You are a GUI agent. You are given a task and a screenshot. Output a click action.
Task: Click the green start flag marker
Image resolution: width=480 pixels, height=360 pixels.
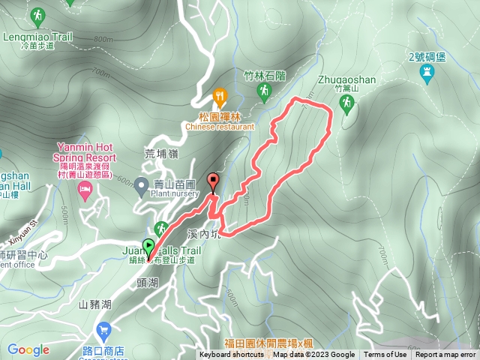point(148,245)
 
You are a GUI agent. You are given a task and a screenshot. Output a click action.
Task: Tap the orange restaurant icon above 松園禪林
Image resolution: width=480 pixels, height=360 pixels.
point(220,96)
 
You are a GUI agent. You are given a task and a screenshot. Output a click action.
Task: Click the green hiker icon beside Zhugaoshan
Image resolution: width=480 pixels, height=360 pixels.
point(346,106)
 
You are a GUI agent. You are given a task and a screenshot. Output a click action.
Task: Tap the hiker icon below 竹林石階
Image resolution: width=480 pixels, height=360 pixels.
point(263,92)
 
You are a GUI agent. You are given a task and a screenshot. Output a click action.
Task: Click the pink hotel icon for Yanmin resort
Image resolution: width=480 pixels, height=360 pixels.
point(84,193)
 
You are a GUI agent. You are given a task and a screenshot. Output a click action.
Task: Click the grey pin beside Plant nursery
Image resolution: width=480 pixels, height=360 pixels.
point(141,187)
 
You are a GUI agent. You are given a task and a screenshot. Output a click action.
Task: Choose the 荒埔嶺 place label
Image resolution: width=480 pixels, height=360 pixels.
point(160,153)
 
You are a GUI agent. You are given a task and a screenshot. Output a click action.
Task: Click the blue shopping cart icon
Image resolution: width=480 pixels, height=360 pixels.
point(103,330)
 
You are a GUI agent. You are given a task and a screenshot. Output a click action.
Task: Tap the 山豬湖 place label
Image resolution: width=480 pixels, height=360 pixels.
point(94,304)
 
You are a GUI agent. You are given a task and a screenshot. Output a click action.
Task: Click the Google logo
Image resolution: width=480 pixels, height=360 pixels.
point(28,349)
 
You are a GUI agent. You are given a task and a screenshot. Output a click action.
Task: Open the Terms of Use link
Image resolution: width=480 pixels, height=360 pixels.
point(385,355)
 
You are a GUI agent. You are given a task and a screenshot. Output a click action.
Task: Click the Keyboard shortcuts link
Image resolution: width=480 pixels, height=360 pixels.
point(232,355)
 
